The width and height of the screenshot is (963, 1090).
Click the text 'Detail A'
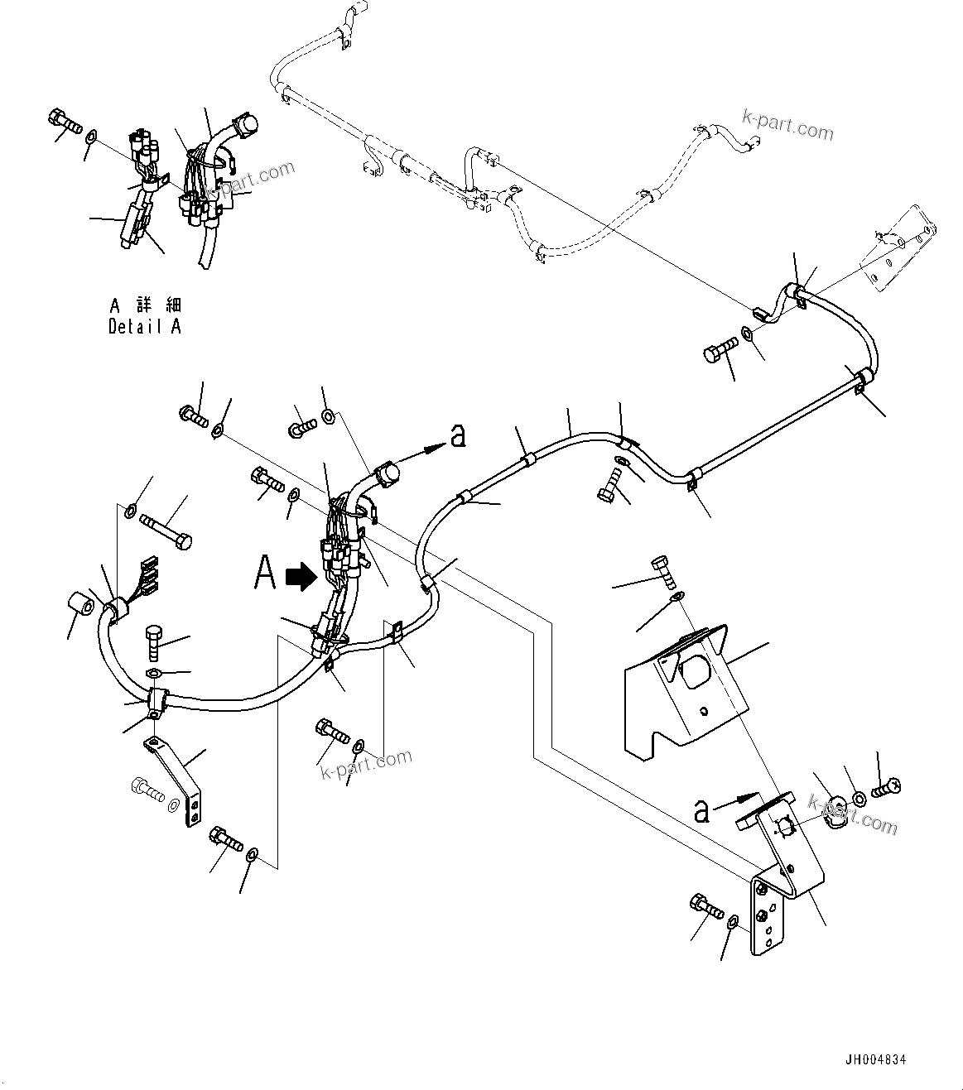144,326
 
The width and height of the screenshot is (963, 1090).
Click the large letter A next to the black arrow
264,573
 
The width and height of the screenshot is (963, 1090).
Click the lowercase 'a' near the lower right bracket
701,811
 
